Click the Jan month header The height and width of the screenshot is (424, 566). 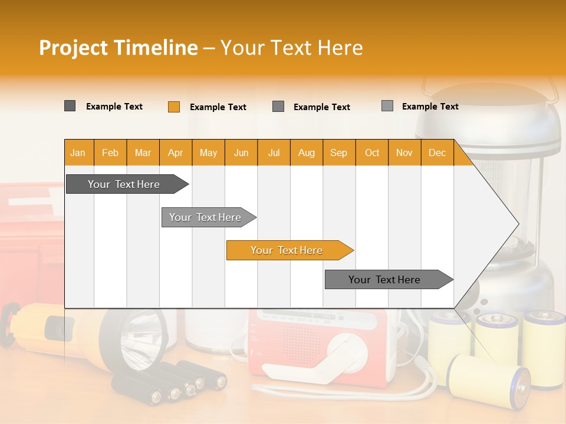[78, 153]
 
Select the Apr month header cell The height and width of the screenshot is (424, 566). [175, 153]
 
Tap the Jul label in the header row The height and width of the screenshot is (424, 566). [274, 153]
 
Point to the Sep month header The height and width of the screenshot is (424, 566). [338, 153]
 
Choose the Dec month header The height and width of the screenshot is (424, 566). [437, 153]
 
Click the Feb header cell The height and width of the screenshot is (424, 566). [110, 153]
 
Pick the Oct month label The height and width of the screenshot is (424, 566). [372, 153]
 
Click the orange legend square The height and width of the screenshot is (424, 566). [173, 107]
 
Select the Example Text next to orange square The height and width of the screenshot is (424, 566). [218, 107]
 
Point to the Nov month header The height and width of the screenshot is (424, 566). [404, 153]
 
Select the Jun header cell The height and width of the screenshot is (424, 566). [241, 153]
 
